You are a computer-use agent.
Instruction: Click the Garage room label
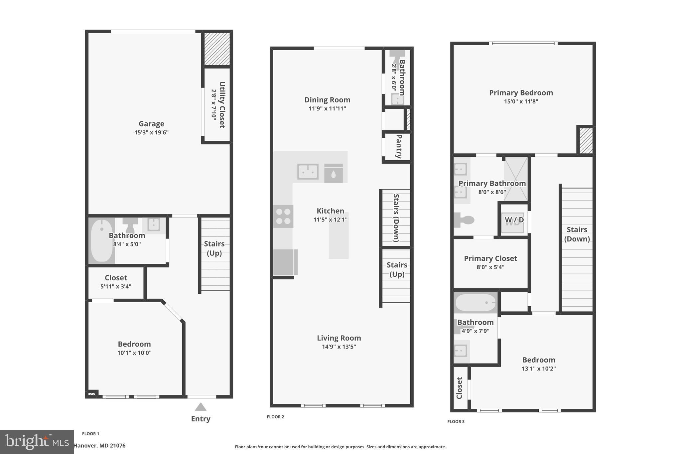tap(151, 124)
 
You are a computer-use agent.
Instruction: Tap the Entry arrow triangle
tap(201, 407)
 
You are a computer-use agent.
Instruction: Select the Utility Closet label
tap(222, 105)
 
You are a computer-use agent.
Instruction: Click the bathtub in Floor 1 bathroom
tap(101, 240)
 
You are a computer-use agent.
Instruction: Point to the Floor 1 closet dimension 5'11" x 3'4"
tap(116, 286)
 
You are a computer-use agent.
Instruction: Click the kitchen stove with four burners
tap(283, 216)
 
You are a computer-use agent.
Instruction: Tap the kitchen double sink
tap(308, 172)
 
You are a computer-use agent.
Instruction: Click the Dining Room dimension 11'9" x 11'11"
tap(327, 108)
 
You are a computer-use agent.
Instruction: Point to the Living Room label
tap(339, 338)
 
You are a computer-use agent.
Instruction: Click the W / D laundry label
tap(514, 220)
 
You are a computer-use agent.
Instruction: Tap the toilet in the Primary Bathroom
tap(464, 220)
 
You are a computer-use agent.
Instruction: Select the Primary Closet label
tap(490, 258)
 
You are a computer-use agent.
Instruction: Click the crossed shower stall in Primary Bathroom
tap(516, 179)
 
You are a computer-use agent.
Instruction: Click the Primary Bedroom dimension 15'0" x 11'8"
tap(521, 101)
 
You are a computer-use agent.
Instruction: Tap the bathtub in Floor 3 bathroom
tap(475, 303)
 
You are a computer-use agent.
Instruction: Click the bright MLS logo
tap(37, 442)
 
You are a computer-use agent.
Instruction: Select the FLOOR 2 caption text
tap(275, 417)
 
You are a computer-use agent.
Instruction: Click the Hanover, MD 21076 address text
tap(99, 446)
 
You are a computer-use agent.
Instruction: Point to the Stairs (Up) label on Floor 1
tap(214, 248)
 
